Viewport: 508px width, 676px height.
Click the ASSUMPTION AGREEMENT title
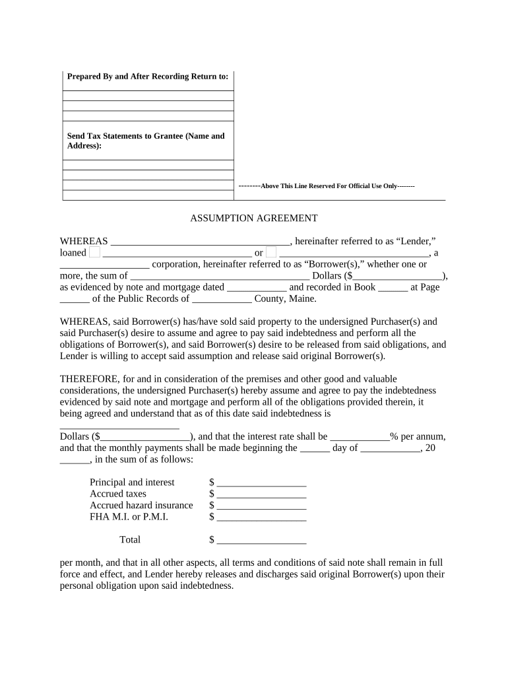coord(254,218)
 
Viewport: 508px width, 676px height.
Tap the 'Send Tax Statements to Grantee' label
coord(146,141)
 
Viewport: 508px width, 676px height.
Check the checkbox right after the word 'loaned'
coord(95,252)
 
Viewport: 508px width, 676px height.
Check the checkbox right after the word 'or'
coord(271,252)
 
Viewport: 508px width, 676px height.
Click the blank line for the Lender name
coord(200,242)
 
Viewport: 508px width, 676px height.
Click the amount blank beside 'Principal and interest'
coord(261,483)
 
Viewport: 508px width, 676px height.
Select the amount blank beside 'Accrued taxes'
coord(261,494)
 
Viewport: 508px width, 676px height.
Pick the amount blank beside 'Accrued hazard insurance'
coord(261,506)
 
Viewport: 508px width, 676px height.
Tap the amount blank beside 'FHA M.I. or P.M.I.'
coord(261,518)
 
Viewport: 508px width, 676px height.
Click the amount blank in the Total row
coord(261,541)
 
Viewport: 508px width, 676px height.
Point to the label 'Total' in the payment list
coord(130,540)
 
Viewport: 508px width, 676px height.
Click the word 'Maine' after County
coord(302,298)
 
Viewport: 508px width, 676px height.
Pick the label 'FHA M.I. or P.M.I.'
coord(129,517)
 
